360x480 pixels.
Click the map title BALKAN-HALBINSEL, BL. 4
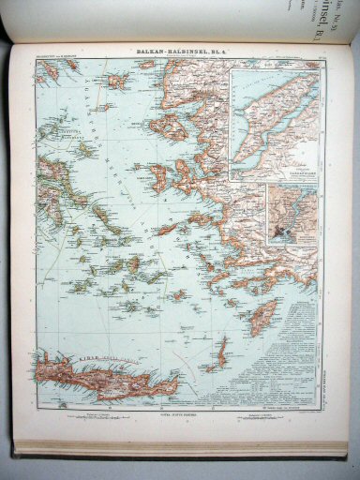(178, 53)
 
